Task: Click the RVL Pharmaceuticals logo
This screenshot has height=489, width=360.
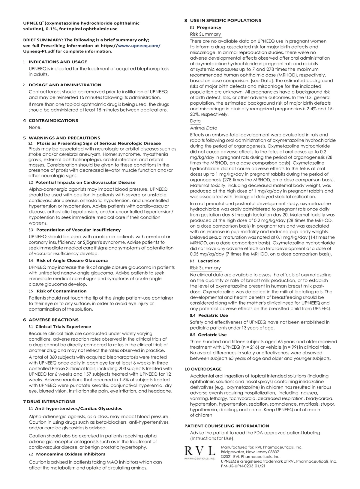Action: (199, 453)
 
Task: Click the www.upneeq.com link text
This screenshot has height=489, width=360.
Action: (139, 46)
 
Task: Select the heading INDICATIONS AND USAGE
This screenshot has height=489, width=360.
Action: (58, 62)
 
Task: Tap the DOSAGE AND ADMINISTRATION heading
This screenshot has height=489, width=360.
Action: (65, 85)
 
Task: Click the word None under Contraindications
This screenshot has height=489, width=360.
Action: (35, 127)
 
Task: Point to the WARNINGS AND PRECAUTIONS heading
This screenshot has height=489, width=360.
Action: (64, 138)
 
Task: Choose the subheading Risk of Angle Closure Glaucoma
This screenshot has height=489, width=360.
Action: (72, 261)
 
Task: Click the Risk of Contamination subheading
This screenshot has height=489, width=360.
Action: (61, 291)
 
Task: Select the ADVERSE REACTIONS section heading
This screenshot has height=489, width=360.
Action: (53, 320)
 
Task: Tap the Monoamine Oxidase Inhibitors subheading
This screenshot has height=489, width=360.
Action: (70, 454)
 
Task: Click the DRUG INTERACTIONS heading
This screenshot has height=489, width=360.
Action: (51, 401)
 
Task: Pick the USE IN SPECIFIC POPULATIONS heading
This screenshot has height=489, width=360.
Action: (225, 20)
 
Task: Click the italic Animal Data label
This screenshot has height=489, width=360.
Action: (204, 128)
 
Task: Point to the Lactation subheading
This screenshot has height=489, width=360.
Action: (208, 261)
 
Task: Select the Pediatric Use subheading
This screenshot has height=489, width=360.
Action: (213, 315)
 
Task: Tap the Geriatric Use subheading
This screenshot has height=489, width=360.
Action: (212, 335)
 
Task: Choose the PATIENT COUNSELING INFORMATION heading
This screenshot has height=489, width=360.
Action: (226, 426)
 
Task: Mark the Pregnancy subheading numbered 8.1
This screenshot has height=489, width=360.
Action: (209, 27)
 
